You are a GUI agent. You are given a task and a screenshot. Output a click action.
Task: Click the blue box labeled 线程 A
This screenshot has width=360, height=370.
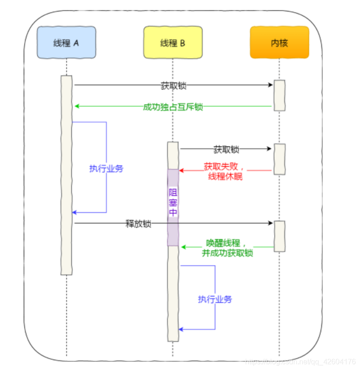click(x=66, y=43)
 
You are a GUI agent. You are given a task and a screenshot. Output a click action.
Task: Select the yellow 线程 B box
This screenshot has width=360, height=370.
click(x=173, y=43)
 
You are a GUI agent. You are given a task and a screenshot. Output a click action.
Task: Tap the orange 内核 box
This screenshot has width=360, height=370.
click(x=279, y=43)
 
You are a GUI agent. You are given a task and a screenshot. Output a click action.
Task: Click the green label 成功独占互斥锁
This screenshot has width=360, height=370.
click(x=173, y=107)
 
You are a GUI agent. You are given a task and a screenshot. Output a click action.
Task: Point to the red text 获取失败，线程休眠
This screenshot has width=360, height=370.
click(x=225, y=171)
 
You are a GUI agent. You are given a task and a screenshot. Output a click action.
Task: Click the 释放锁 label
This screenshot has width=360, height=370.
click(x=138, y=223)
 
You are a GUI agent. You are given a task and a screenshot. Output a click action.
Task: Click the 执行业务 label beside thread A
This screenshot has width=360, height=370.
click(x=106, y=168)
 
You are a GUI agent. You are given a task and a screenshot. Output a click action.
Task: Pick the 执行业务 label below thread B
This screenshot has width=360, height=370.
click(x=215, y=299)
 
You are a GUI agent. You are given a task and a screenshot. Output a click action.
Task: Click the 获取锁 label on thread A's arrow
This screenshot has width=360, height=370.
click(x=173, y=85)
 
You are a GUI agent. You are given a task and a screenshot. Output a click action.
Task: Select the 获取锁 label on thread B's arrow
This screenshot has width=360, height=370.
click(x=226, y=149)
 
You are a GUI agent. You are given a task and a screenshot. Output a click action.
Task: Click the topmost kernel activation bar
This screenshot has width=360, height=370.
click(x=279, y=95)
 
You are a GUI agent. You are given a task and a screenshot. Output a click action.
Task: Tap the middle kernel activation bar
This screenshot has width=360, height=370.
click(x=279, y=159)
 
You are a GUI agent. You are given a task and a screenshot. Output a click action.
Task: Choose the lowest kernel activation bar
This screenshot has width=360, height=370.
click(x=279, y=236)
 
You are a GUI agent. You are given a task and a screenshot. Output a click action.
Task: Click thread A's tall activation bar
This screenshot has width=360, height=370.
click(x=67, y=175)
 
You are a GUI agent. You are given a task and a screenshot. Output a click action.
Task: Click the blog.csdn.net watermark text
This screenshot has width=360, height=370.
click(x=300, y=362)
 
